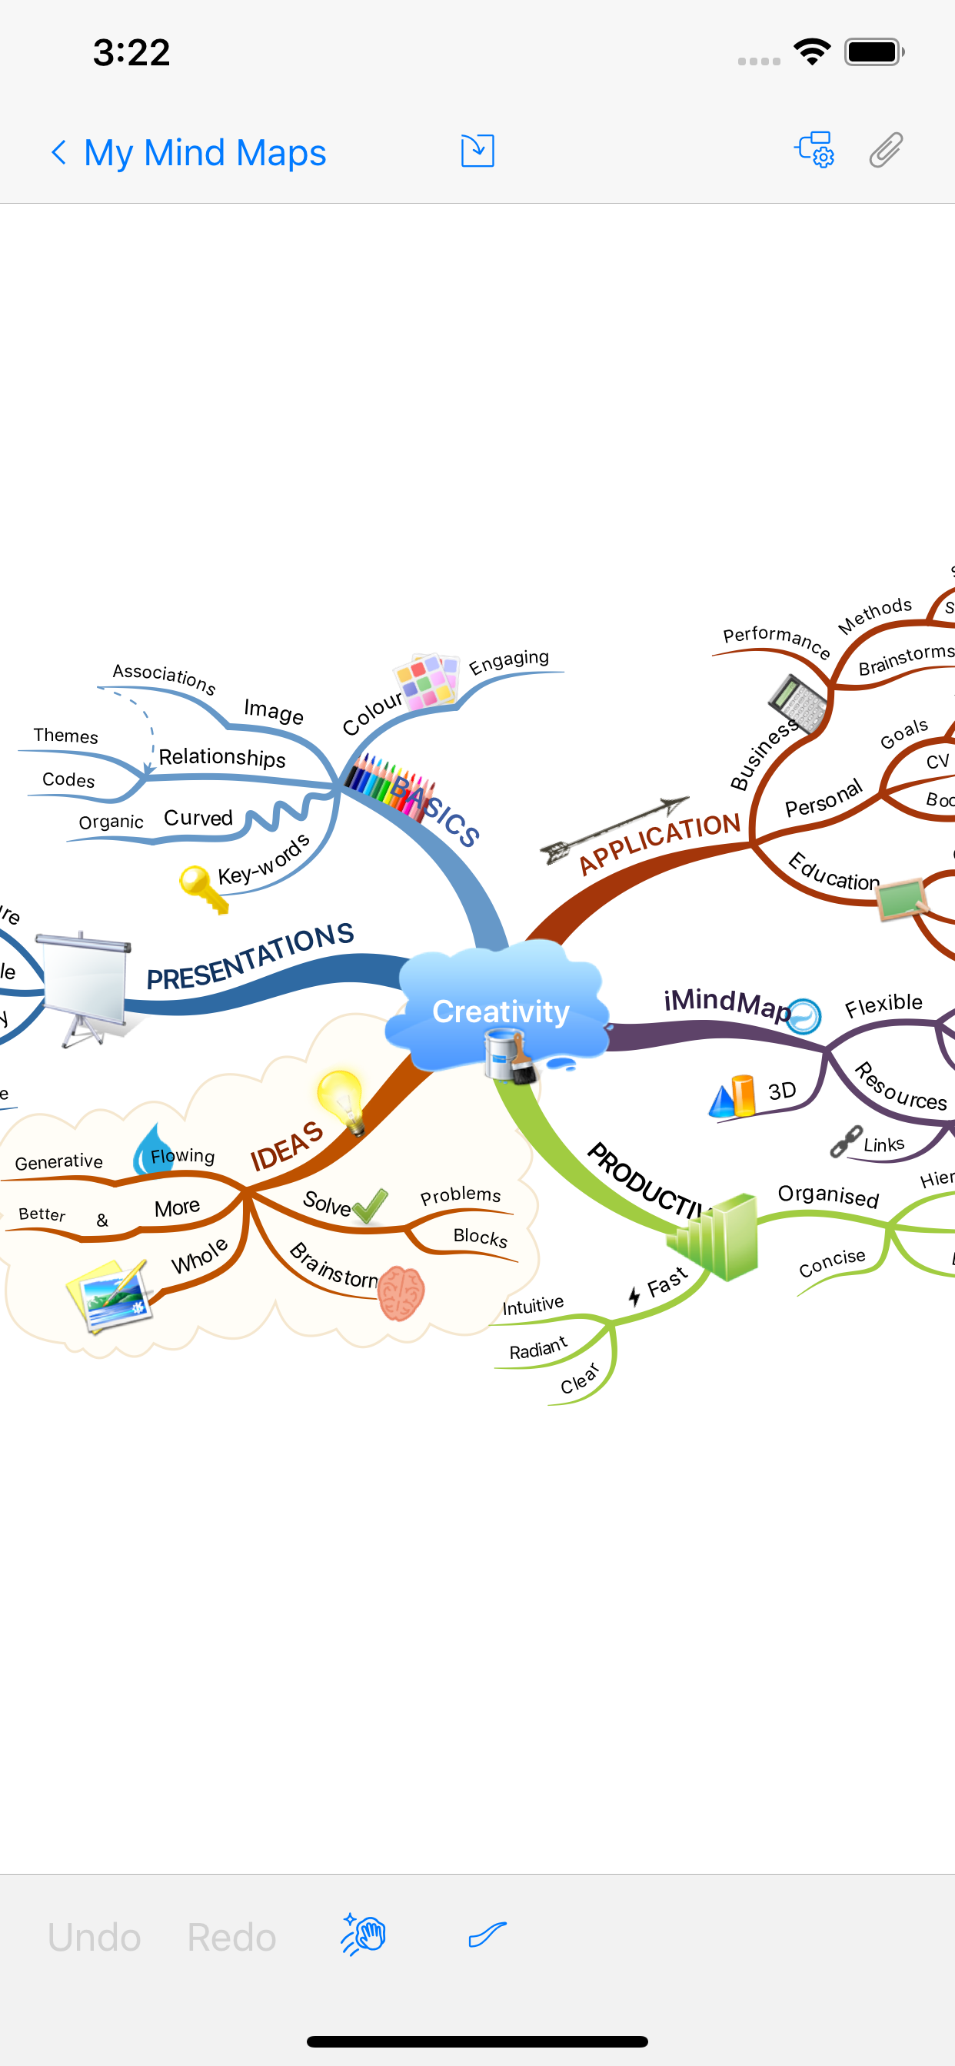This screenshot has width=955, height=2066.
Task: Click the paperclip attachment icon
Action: pyautogui.click(x=886, y=151)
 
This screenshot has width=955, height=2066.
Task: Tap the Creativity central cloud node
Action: pyautogui.click(x=501, y=1011)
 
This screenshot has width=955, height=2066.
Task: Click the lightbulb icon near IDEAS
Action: pyautogui.click(x=342, y=1100)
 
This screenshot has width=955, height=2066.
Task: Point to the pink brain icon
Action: pyautogui.click(x=401, y=1292)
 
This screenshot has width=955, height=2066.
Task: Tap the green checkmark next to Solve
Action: pyautogui.click(x=371, y=1205)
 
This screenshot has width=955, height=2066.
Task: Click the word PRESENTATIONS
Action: pyautogui.click(x=250, y=956)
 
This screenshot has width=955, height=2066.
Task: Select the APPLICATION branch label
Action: pyautogui.click(x=659, y=842)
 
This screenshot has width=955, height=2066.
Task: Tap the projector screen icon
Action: pyautogui.click(x=85, y=986)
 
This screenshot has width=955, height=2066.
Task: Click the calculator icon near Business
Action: pyautogui.click(x=797, y=703)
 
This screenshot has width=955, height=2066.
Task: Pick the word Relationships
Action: pyautogui.click(x=221, y=757)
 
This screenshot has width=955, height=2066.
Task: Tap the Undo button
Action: pyautogui.click(x=94, y=1937)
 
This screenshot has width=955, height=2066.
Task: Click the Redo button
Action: pyautogui.click(x=231, y=1937)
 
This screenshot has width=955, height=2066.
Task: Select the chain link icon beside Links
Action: pyautogui.click(x=846, y=1141)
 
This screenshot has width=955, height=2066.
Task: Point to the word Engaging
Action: pyautogui.click(x=509, y=661)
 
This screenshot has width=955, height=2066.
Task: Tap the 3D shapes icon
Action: pyautogui.click(x=733, y=1096)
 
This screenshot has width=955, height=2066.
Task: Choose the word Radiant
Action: pyautogui.click(x=537, y=1349)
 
